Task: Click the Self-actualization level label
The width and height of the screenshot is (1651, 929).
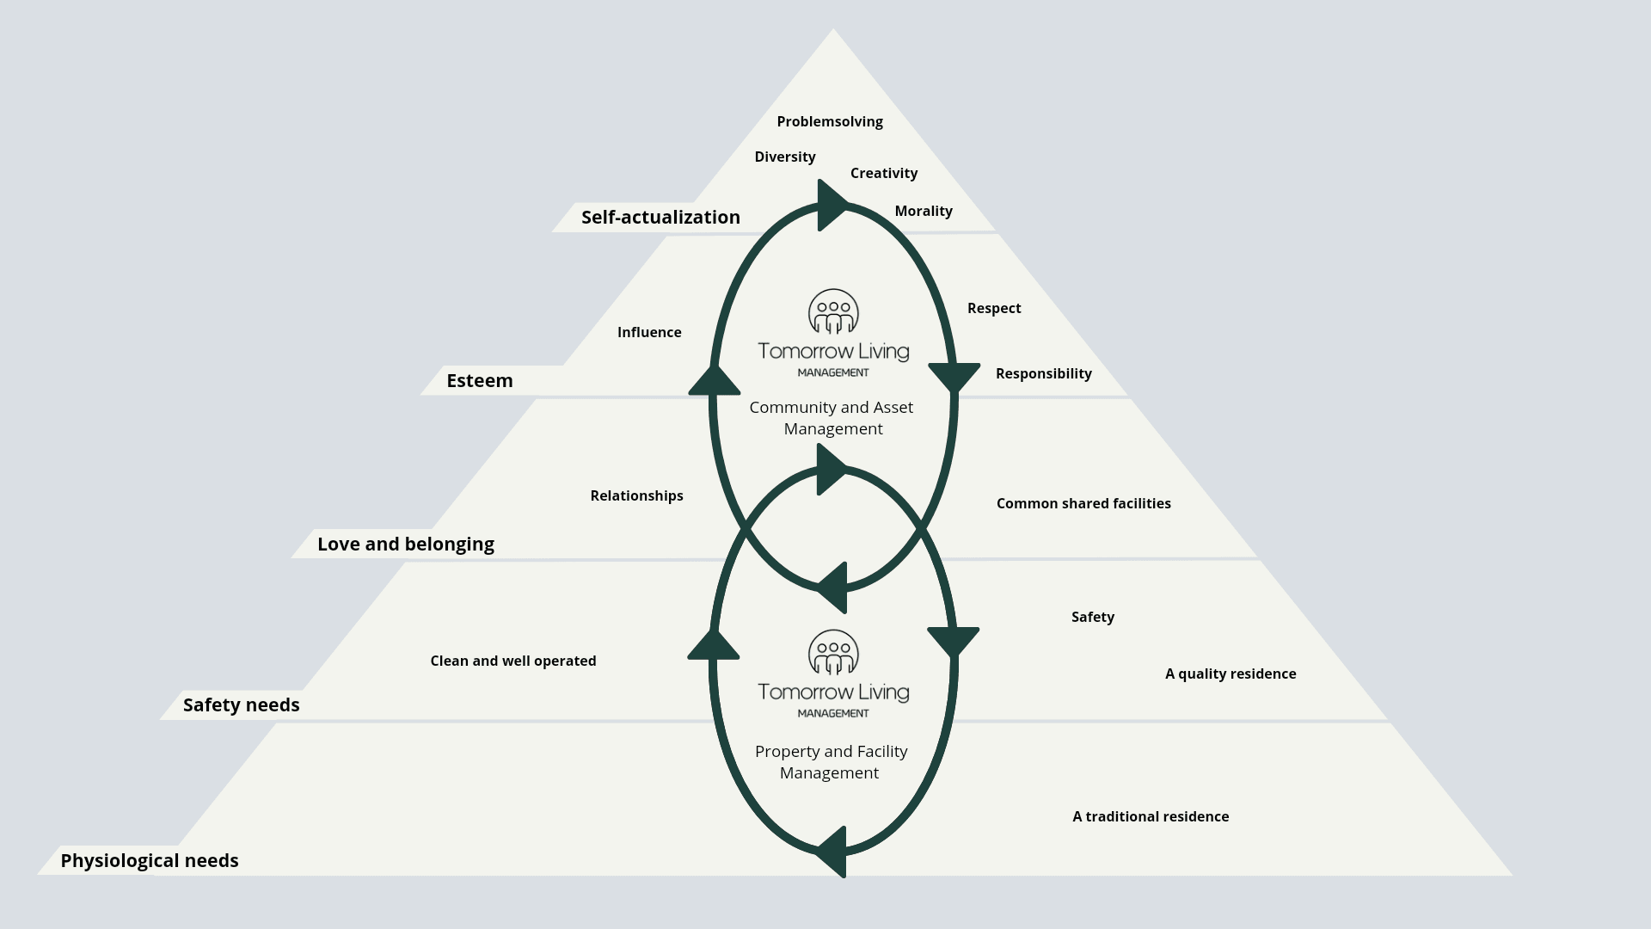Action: [x=660, y=217]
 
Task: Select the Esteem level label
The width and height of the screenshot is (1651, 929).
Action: [x=479, y=380]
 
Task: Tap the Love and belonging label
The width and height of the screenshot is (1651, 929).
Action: [x=405, y=544]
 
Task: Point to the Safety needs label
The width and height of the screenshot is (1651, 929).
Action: [x=241, y=704]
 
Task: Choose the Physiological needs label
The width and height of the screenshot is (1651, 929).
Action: [x=149, y=860]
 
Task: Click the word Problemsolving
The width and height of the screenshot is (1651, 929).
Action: [x=829, y=121]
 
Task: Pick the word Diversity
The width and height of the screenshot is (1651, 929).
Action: [x=784, y=157]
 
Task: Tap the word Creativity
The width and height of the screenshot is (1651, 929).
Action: [x=883, y=173]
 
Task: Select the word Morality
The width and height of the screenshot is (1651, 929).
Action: [x=923, y=211]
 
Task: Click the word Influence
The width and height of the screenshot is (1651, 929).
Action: [x=648, y=332]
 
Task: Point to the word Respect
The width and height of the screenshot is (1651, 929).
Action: [x=993, y=308]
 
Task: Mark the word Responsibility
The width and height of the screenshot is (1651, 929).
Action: [x=1043, y=373]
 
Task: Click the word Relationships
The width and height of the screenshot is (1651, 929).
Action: [x=636, y=495]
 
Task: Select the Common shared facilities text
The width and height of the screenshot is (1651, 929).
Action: [x=1083, y=503]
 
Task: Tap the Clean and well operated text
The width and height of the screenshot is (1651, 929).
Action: [x=512, y=661]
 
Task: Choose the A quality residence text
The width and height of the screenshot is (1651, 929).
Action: [x=1230, y=674]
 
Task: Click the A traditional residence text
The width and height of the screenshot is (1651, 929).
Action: [x=1150, y=816]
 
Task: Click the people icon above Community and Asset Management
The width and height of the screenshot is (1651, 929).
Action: [x=832, y=311]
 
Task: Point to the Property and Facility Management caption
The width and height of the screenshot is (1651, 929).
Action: [x=831, y=761]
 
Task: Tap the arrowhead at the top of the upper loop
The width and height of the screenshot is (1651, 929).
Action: [x=830, y=206]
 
